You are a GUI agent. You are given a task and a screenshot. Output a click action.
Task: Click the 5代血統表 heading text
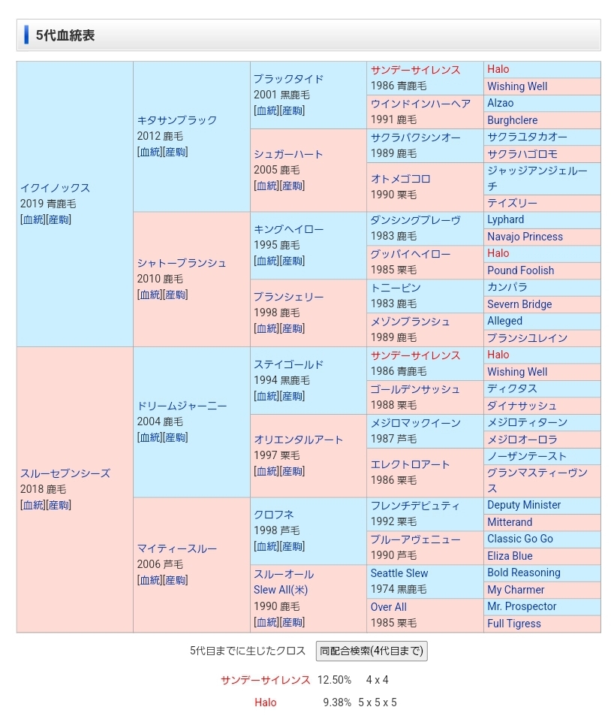point(65,35)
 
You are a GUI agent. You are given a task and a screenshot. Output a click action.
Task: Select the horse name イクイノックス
point(55,188)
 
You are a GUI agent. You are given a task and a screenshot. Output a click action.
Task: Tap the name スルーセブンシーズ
point(65,473)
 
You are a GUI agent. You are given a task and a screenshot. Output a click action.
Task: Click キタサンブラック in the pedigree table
point(176,120)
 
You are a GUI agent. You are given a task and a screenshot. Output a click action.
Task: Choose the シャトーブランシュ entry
point(181,263)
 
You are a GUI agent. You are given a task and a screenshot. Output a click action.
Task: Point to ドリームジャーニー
point(181,406)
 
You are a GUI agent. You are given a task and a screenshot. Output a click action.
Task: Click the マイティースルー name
point(176,548)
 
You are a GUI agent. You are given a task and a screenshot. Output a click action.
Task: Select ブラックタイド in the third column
point(288,79)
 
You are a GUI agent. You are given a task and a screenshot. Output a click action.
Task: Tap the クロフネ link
point(273,515)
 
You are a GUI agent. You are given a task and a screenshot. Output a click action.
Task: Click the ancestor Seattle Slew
point(399,573)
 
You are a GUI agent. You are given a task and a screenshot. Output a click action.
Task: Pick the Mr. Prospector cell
point(522,606)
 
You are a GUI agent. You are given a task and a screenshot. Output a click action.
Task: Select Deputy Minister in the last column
point(524,505)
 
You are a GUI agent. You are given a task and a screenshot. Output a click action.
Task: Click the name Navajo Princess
point(525,237)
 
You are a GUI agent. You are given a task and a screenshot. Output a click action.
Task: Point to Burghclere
point(512,120)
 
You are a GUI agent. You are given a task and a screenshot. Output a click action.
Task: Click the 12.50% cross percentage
point(334,680)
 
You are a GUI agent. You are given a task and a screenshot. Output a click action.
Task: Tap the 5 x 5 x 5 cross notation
point(378,702)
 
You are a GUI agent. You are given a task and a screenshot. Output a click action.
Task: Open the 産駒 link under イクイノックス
point(59,219)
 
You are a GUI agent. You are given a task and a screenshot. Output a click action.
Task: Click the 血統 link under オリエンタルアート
point(266,471)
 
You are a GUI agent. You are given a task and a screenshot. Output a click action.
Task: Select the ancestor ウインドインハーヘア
point(420,104)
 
